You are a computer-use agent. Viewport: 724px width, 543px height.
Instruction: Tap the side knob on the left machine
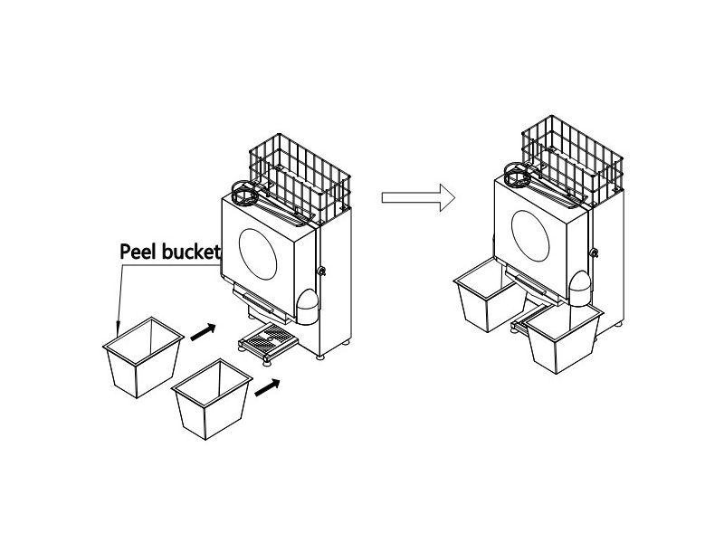tap(321, 271)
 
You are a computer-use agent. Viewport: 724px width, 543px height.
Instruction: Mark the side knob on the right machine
tap(594, 252)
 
